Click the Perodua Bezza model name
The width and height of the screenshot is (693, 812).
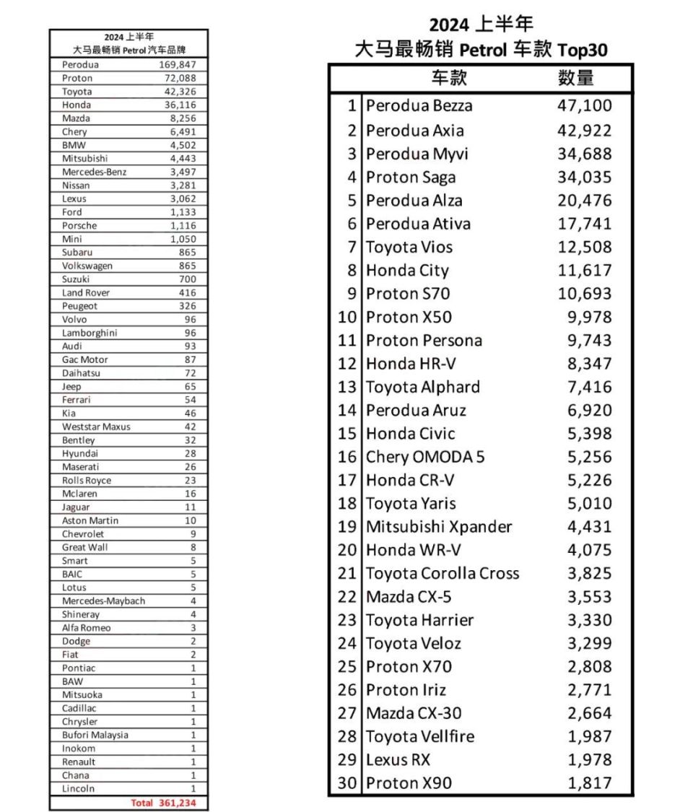[x=419, y=106]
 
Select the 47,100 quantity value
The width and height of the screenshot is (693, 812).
[x=584, y=106]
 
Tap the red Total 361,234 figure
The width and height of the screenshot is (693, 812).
[x=164, y=803]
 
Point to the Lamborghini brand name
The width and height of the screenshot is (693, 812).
[x=90, y=333]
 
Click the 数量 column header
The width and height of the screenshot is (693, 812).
[x=575, y=79]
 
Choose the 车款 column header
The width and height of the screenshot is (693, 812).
[x=450, y=79]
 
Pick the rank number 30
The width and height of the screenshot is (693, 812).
[x=347, y=783]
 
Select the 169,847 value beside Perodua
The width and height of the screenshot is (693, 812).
[x=178, y=64]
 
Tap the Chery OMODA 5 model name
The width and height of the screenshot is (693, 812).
[x=425, y=457]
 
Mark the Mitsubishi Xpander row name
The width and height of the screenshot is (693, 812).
[x=438, y=527]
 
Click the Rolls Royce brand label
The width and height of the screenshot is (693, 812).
[x=87, y=481]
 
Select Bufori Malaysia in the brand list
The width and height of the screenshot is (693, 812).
[x=95, y=735]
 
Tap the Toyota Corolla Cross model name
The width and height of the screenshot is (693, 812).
[x=442, y=574]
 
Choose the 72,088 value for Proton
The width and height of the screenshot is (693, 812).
[x=180, y=78]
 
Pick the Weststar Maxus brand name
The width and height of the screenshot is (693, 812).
[x=96, y=427]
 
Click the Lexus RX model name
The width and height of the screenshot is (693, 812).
[x=398, y=760]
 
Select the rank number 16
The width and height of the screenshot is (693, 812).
[x=347, y=457]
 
